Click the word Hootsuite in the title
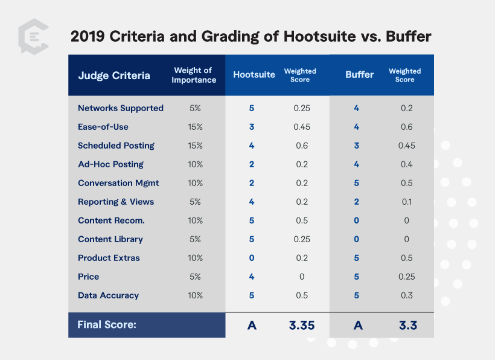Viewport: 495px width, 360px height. click(318, 36)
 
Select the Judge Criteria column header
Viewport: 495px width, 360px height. click(114, 76)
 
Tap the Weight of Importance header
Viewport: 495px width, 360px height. click(194, 76)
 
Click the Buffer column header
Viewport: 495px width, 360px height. click(359, 75)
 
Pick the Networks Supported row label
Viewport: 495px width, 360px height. click(121, 108)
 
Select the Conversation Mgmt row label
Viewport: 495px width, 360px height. click(118, 183)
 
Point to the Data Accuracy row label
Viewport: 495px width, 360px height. click(108, 295)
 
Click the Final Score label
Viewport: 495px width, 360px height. click(107, 325)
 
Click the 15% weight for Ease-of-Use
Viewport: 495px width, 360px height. click(195, 127)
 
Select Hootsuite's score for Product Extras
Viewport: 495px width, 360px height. click(252, 258)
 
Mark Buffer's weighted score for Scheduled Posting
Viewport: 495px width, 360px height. click(406, 146)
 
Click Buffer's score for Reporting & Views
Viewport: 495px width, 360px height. click(356, 202)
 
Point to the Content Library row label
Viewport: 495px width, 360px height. click(110, 239)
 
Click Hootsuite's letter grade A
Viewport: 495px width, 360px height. click(252, 325)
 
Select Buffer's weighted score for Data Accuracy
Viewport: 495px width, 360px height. click(406, 295)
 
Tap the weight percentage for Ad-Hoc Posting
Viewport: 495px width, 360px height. click(195, 164)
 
